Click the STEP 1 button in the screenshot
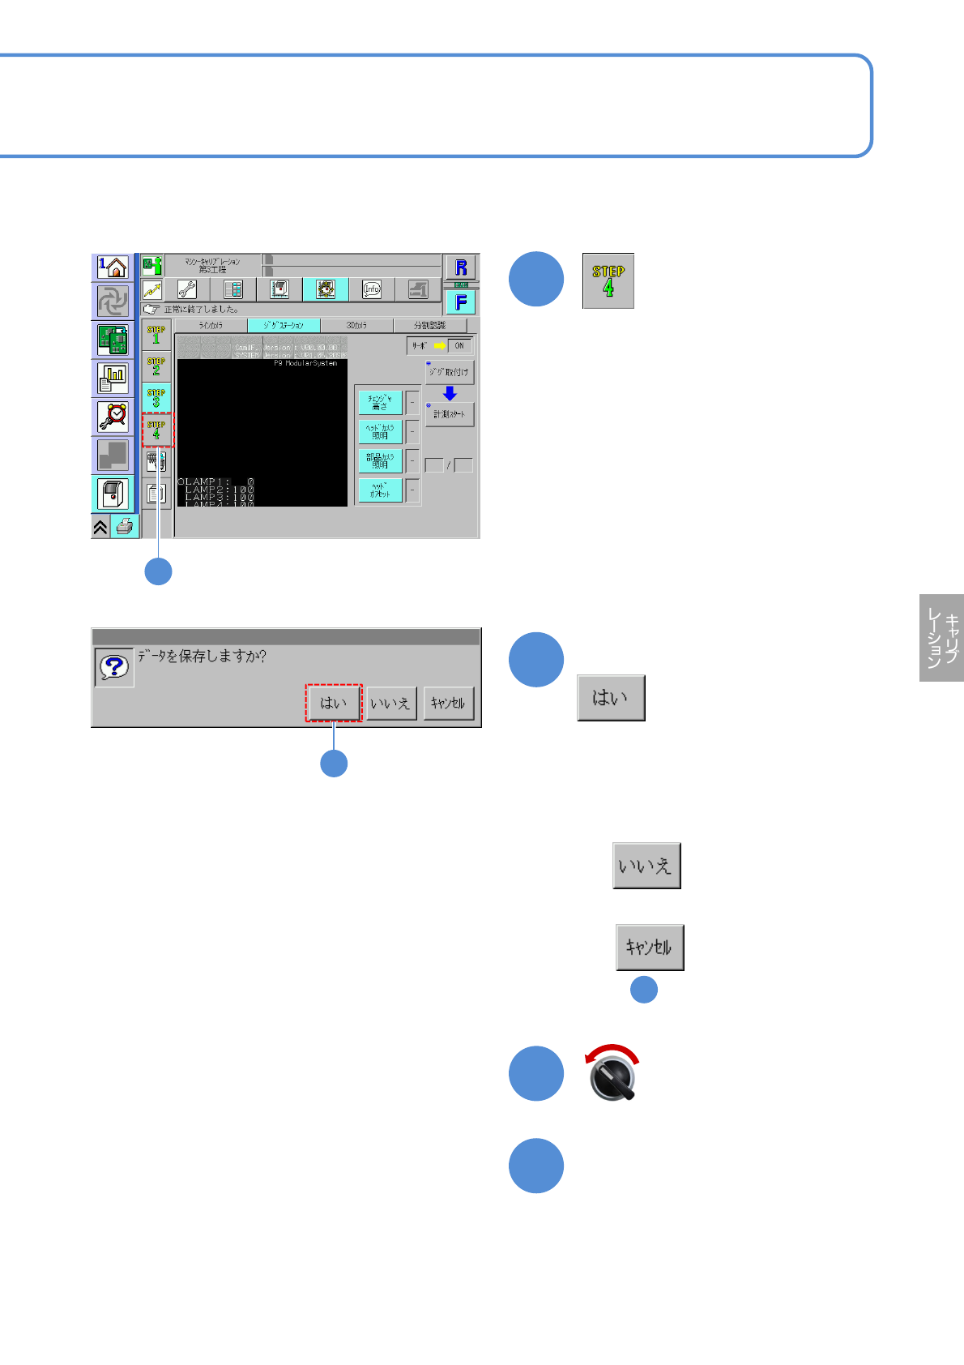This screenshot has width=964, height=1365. coord(156,334)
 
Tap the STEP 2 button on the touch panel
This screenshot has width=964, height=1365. coord(156,366)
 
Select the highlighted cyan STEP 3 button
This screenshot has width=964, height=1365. coord(156,397)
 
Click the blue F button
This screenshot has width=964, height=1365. coord(461,302)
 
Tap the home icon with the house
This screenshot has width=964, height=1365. coord(113,267)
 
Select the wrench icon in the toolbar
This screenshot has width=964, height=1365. coord(187,289)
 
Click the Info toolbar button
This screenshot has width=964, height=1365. coord(372,289)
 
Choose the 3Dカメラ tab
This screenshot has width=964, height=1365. coord(356,325)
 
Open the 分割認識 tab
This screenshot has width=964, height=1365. coord(429,325)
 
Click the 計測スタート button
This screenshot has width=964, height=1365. coord(450,414)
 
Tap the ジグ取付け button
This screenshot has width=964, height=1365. coord(450,372)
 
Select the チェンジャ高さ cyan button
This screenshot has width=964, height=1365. coord(380,402)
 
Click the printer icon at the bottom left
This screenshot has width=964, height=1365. coord(125,527)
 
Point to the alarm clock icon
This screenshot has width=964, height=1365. coord(113,417)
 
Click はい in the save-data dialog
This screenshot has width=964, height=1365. coord(333,703)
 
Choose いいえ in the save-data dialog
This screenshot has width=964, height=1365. coord(390,703)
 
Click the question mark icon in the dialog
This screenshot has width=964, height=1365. coord(114,667)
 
